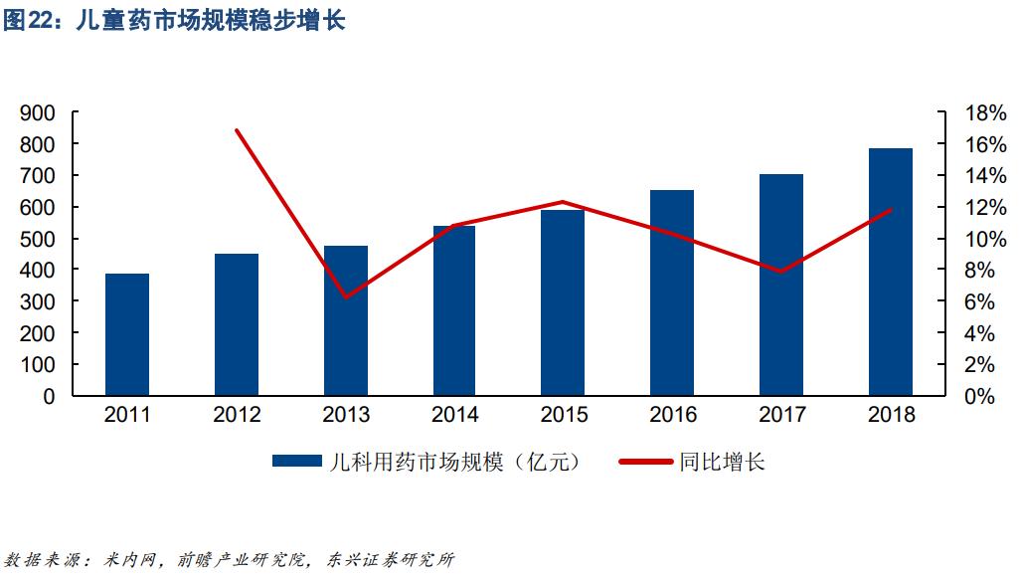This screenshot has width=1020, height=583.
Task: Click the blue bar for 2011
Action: pyautogui.click(x=127, y=334)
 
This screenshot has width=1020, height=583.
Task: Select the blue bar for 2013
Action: pyautogui.click(x=345, y=320)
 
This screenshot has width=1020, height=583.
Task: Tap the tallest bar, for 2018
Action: pyautogui.click(x=890, y=272)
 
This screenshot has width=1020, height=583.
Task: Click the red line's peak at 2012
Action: pyautogui.click(x=236, y=130)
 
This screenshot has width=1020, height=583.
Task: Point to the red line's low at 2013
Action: pyautogui.click(x=345, y=297)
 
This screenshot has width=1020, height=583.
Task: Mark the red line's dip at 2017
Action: pyautogui.click(x=781, y=272)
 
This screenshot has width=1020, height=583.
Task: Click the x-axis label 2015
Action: pyautogui.click(x=564, y=415)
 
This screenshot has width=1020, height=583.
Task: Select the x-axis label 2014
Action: pyautogui.click(x=454, y=415)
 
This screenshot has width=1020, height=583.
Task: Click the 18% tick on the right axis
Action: pyautogui.click(x=985, y=113)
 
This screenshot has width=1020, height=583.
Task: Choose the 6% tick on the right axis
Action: pyautogui.click(x=985, y=301)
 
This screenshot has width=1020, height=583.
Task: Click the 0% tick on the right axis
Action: pyautogui.click(x=985, y=396)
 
